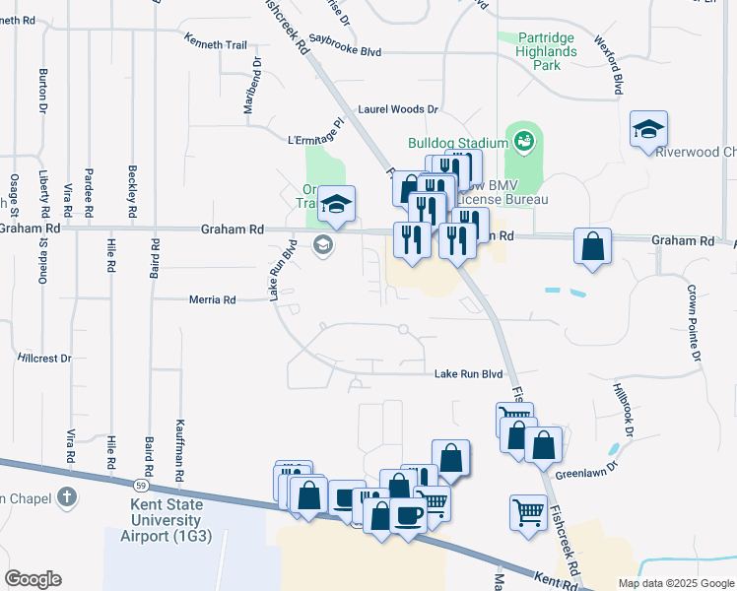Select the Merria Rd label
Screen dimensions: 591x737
213,299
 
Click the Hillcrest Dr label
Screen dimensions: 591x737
44,359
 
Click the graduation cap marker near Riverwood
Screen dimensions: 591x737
649,130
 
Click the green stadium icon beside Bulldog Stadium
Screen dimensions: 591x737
522,142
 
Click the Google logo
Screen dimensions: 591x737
33,579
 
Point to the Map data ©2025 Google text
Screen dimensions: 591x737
675,583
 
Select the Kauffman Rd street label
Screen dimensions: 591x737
179,448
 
